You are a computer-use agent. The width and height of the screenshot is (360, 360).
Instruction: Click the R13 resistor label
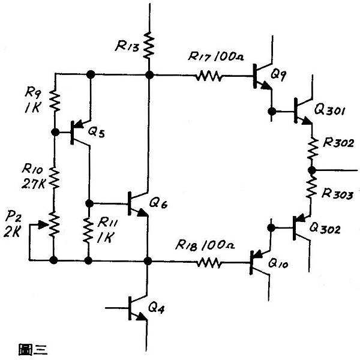click(127, 46)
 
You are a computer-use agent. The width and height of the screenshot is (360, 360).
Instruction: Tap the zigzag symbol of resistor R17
click(209, 76)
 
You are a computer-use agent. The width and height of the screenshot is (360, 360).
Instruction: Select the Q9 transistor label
click(278, 74)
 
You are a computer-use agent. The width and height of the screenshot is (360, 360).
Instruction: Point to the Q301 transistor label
click(329, 110)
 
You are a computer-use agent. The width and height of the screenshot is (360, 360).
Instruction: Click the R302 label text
click(338, 143)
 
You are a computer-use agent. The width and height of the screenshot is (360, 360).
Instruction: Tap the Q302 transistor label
click(325, 229)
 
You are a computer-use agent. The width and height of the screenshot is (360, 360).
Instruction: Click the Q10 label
click(278, 263)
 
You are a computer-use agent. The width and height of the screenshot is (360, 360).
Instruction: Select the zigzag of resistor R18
click(209, 262)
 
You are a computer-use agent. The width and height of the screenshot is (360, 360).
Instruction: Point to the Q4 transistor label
click(157, 307)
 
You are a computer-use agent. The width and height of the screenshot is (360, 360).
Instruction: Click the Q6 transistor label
click(158, 203)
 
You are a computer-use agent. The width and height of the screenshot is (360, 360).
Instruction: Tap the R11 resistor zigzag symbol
click(88, 230)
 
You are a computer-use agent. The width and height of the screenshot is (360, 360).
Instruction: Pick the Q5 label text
click(97, 132)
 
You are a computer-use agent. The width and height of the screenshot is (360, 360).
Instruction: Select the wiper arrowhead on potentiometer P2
click(43, 225)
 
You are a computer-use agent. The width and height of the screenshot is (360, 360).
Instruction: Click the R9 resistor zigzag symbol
click(55, 101)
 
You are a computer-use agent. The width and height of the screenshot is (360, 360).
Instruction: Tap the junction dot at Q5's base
click(55, 132)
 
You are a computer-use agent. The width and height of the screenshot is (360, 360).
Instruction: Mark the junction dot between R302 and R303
click(312, 170)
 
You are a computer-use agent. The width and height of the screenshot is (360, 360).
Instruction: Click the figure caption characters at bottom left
click(33, 349)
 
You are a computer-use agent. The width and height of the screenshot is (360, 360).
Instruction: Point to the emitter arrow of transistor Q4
click(142, 317)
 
